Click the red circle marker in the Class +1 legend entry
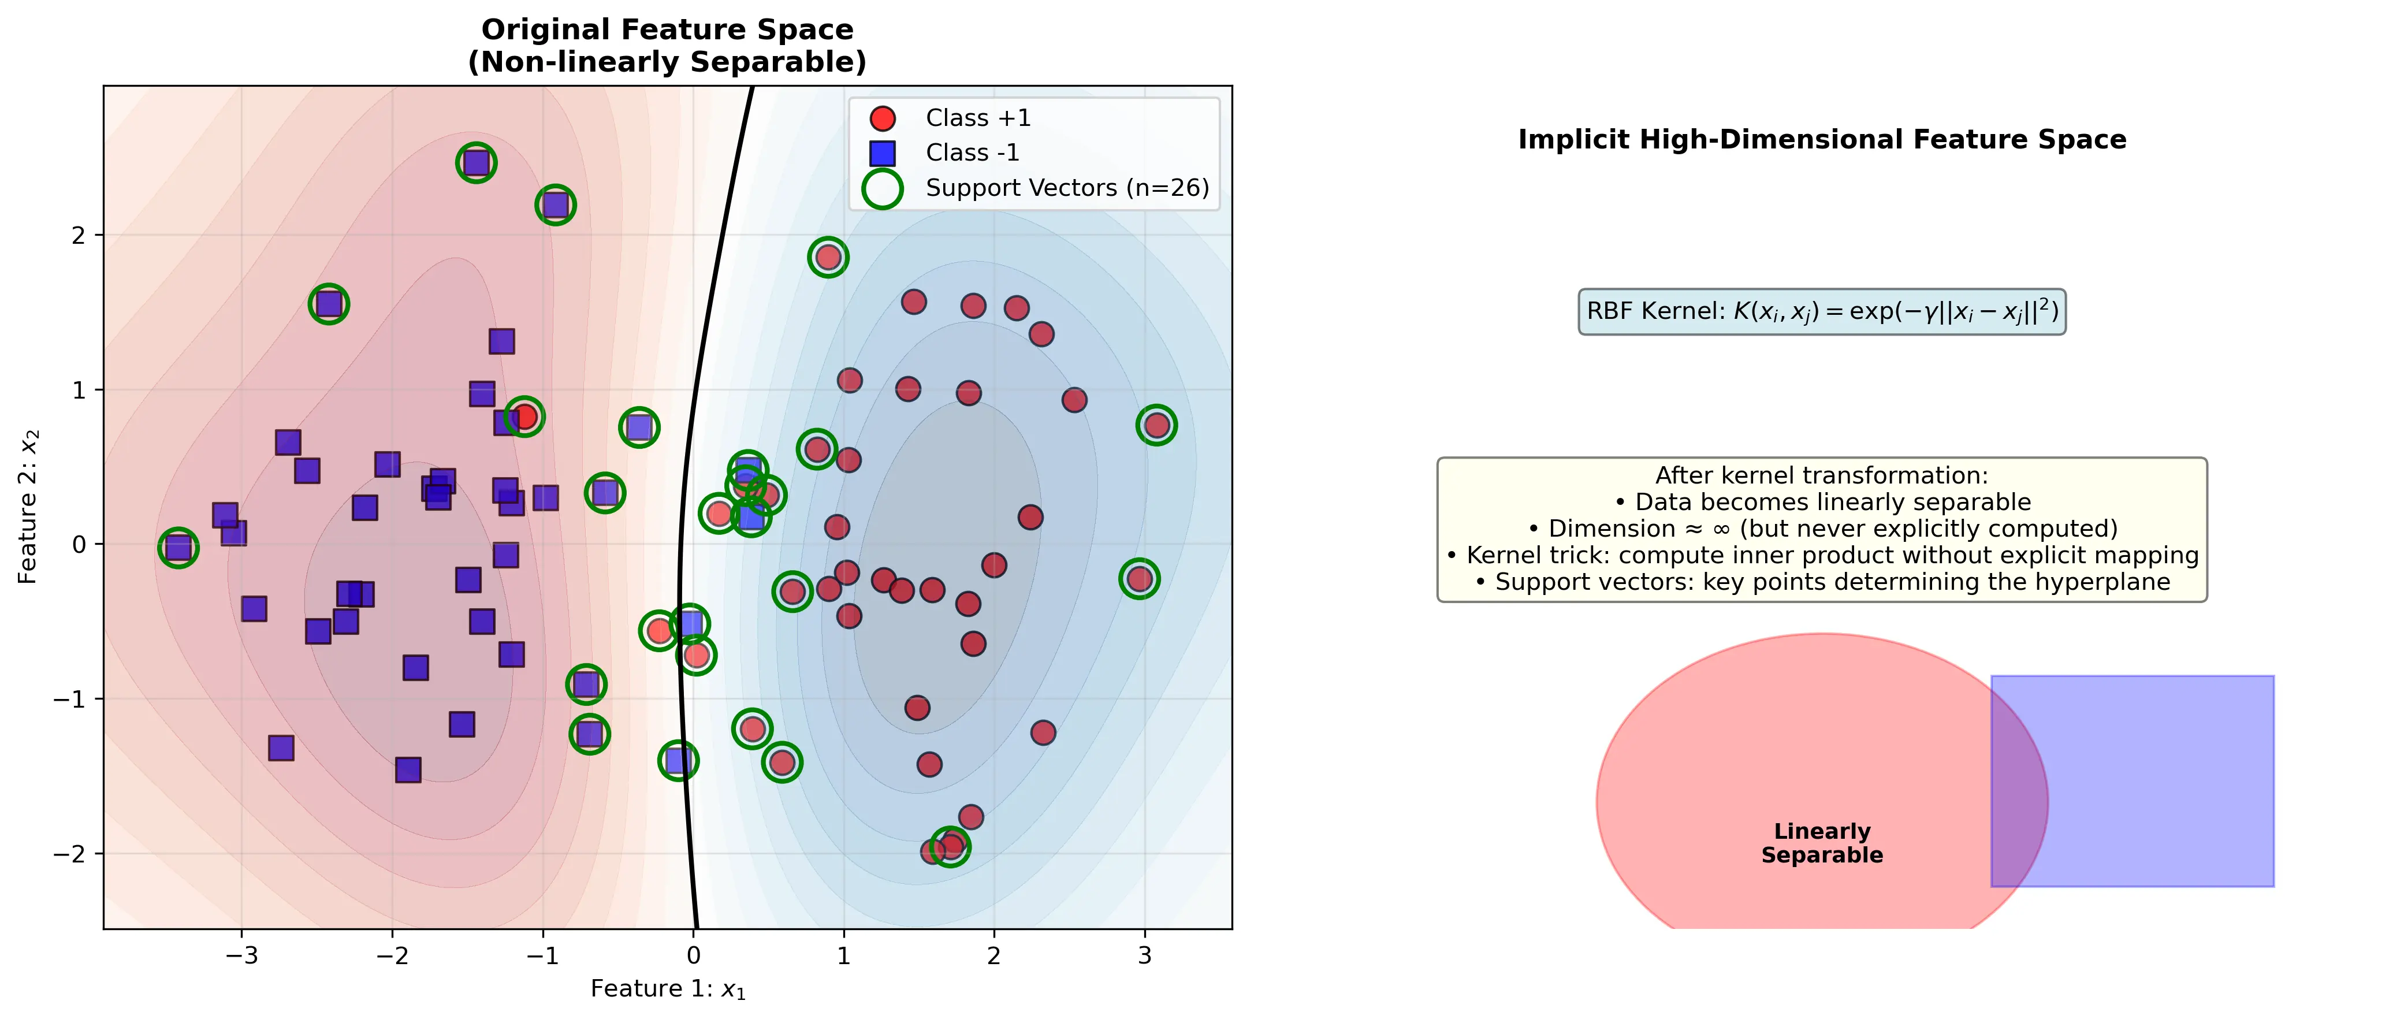pyautogui.click(x=882, y=118)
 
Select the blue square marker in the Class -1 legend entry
pyautogui.click(x=882, y=153)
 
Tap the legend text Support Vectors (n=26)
pyautogui.click(x=1067, y=188)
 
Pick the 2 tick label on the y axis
pyautogui.click(x=79, y=235)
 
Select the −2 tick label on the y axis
pyautogui.click(x=71, y=854)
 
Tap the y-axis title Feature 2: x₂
pyautogui.click(x=28, y=507)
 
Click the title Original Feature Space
pyautogui.click(x=667, y=30)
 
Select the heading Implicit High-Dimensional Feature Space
pyautogui.click(x=1822, y=140)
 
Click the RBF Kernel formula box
pyautogui.click(x=1822, y=312)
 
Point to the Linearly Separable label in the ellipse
pyautogui.click(x=1822, y=843)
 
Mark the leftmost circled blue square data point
pyautogui.click(x=178, y=548)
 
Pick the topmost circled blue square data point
pyautogui.click(x=476, y=163)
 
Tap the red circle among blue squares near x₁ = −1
pyautogui.click(x=524, y=416)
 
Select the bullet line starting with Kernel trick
pyautogui.click(x=1822, y=556)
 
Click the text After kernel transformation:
pyautogui.click(x=1822, y=476)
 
